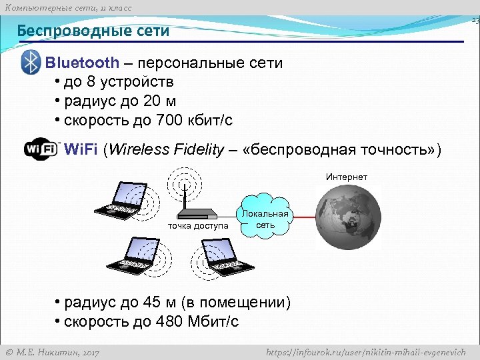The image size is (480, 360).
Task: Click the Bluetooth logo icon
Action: (31, 62)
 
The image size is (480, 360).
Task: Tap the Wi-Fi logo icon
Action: (41, 149)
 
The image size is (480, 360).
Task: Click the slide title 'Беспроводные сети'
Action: (93, 31)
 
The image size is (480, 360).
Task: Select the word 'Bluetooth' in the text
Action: (82, 63)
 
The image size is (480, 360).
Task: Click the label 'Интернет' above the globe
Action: (347, 177)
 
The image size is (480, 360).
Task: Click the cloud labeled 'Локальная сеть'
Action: (265, 218)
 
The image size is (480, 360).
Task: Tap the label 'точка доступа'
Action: (198, 226)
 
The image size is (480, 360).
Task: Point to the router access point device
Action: (197, 213)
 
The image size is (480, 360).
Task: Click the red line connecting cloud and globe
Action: (303, 218)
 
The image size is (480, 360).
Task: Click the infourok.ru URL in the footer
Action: (365, 352)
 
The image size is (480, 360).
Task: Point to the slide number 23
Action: (475, 21)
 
